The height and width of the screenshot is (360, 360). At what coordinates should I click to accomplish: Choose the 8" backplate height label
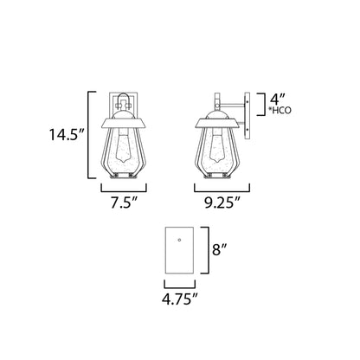click(x=220, y=251)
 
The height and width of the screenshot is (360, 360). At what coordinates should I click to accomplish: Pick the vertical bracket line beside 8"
click(x=208, y=250)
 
